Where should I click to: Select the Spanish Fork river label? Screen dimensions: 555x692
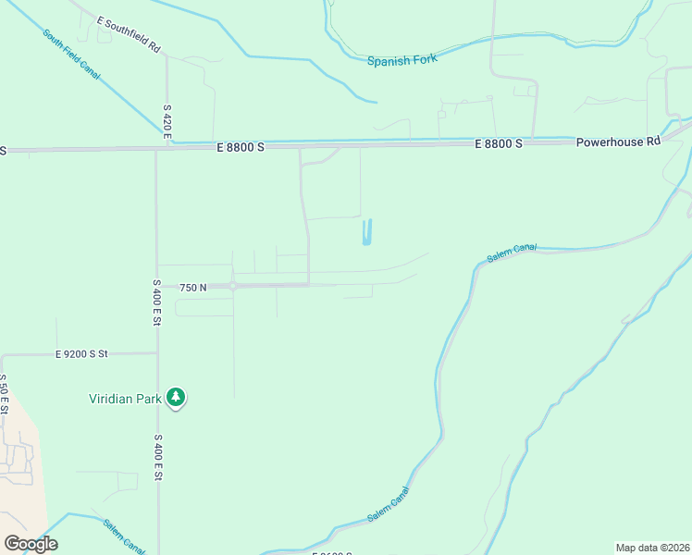tap(401, 60)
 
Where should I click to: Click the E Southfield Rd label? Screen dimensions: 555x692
tap(129, 31)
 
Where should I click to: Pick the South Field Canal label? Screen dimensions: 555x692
tap(71, 55)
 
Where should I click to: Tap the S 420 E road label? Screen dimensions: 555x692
tap(167, 122)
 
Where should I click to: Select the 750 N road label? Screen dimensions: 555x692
tap(193, 288)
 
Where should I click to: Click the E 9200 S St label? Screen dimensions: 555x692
tap(81, 353)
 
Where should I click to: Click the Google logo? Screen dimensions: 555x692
tap(31, 544)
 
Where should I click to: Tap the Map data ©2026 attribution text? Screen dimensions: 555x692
tap(652, 548)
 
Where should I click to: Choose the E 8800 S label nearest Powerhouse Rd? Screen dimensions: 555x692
tap(499, 144)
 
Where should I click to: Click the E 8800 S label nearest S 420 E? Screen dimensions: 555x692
tap(241, 146)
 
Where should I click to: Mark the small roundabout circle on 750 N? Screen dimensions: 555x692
tap(233, 287)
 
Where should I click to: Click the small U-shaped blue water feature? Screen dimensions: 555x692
tap(367, 233)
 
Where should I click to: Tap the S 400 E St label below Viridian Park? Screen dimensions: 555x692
tap(158, 457)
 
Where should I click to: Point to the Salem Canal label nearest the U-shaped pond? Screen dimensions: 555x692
tap(511, 253)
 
